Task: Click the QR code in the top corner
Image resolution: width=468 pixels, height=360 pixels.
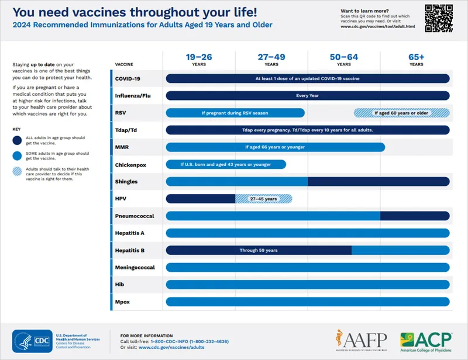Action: pyautogui.click(x=438, y=18)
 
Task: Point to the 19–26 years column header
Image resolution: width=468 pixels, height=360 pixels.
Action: pyautogui.click(x=199, y=60)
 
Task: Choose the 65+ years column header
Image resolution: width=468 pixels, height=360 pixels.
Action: pyautogui.click(x=416, y=60)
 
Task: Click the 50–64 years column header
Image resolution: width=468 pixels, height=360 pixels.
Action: pyautogui.click(x=343, y=60)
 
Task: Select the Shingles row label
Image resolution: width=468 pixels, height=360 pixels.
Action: pyautogui.click(x=127, y=182)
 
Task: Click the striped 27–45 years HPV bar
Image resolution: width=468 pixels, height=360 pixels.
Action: pyautogui.click(x=263, y=199)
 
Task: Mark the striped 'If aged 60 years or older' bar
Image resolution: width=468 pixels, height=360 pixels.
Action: pyautogui.click(x=401, y=113)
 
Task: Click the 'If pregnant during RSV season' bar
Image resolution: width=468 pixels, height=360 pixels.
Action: pyautogui.click(x=235, y=113)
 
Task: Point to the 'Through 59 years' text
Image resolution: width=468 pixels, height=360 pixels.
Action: pyautogui.click(x=258, y=250)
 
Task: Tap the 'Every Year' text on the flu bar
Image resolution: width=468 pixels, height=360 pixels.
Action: pyautogui.click(x=308, y=95)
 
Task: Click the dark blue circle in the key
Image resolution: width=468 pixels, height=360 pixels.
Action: pyautogui.click(x=18, y=140)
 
